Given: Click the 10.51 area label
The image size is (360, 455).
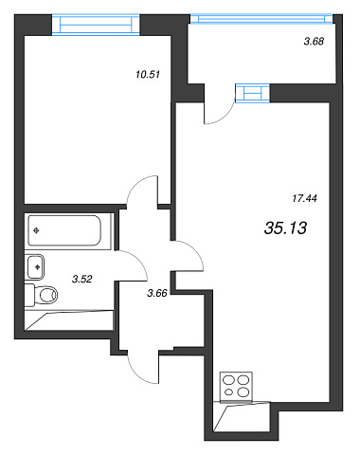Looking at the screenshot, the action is (x=148, y=75).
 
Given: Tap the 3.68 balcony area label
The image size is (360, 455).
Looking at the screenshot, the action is (x=314, y=41).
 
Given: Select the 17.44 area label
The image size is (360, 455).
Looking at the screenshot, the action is (x=304, y=198).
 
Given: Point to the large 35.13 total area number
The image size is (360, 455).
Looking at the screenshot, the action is (x=285, y=227).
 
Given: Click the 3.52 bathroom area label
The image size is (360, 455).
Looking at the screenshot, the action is (x=81, y=279).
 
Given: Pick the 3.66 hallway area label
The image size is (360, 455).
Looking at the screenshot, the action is (x=157, y=293).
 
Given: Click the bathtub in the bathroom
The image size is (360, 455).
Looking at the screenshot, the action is (x=64, y=230).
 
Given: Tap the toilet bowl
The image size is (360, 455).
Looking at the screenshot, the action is (x=45, y=295).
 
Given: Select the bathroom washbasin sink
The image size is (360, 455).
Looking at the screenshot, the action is (x=35, y=267).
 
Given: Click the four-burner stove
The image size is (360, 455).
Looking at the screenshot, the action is (x=236, y=386).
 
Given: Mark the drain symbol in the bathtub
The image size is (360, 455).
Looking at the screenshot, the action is (x=36, y=230).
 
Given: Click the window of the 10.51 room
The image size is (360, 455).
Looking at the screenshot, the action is (x=96, y=25).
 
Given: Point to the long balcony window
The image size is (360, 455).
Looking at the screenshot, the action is (x=261, y=19).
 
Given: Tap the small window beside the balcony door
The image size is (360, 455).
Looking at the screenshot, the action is (x=253, y=93).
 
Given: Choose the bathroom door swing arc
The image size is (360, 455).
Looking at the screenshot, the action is (x=139, y=261).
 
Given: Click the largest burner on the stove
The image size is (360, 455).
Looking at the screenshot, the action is (x=243, y=392).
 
